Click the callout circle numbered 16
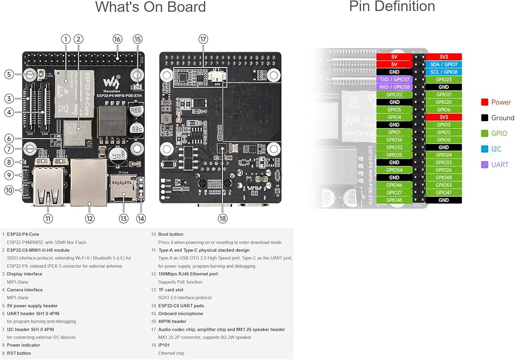click(117, 39)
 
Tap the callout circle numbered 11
click(48, 218)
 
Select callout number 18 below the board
click(222, 218)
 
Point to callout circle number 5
click(9, 74)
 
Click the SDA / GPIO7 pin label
click(443, 64)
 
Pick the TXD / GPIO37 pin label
click(394, 79)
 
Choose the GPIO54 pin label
click(394, 170)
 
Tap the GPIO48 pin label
click(443, 178)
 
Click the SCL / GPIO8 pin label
click(443, 72)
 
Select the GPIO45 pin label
click(394, 200)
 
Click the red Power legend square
click(485, 102)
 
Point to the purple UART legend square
click(485, 165)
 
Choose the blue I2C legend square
click(485, 149)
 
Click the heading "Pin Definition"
click(392, 7)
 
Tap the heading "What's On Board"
click(150, 7)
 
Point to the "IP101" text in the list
click(164, 346)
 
